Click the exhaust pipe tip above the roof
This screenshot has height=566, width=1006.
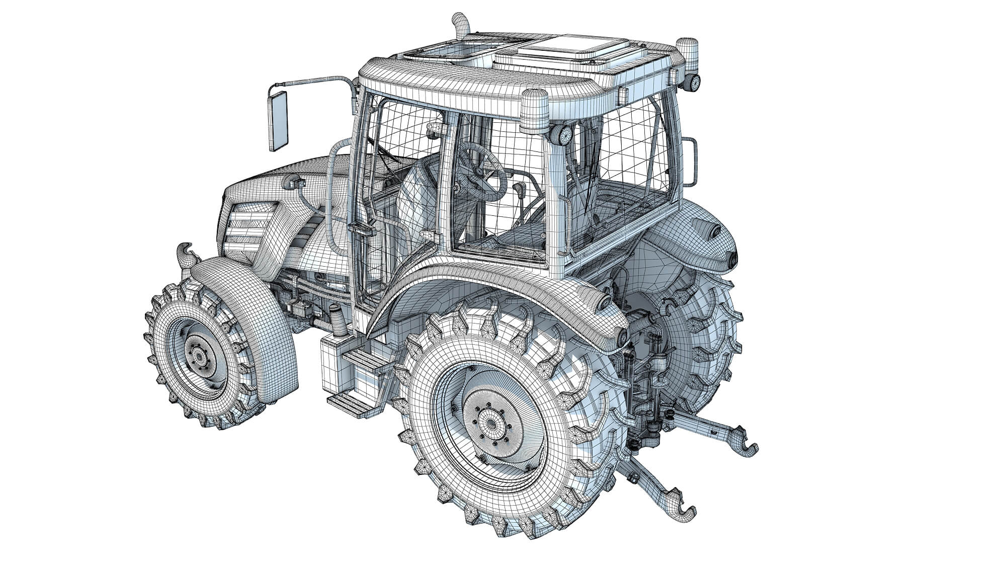460,23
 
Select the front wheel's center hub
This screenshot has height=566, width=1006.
200,356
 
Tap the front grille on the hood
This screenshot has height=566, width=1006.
249,226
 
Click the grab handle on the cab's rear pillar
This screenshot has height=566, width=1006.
690,161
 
